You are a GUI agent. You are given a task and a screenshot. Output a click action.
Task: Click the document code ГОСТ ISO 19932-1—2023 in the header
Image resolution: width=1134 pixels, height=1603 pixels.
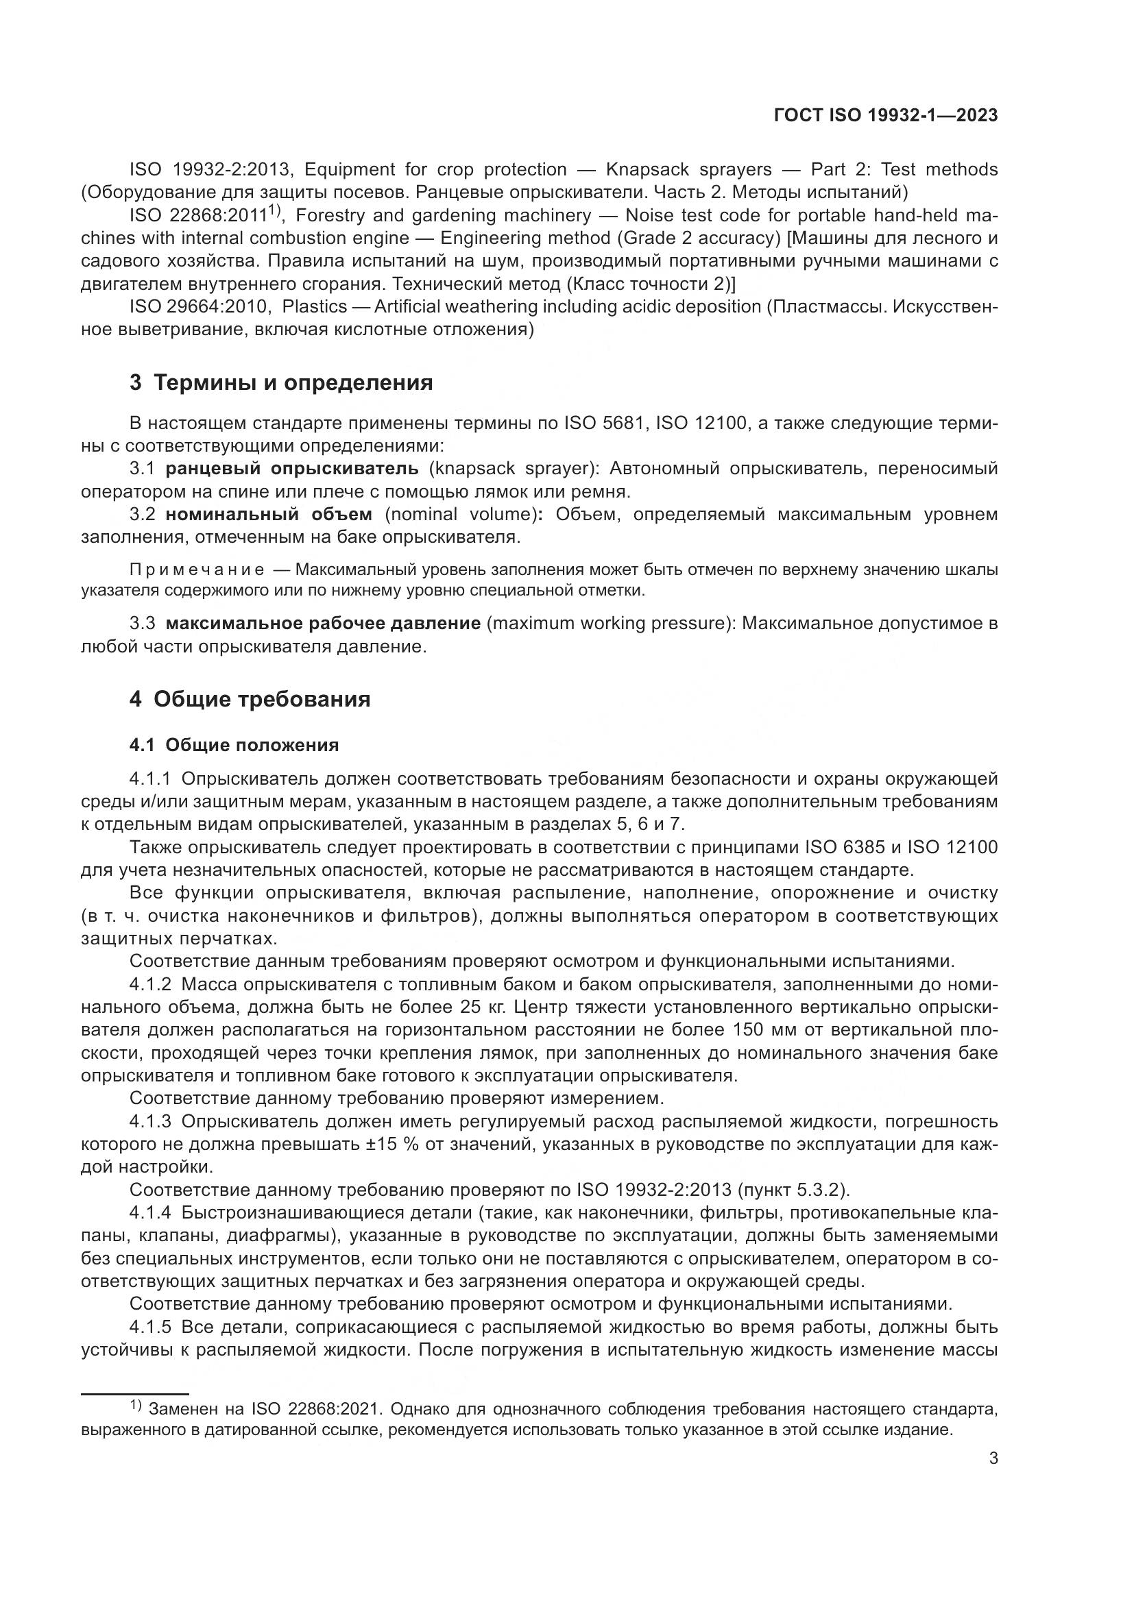[x=885, y=116]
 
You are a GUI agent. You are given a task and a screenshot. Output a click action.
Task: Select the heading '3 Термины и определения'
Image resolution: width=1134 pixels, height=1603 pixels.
[x=280, y=383]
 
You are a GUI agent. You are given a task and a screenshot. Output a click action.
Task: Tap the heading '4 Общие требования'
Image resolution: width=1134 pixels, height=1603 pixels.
[x=250, y=699]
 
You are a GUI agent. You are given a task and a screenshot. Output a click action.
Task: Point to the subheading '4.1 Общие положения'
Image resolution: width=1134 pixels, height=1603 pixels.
[x=234, y=745]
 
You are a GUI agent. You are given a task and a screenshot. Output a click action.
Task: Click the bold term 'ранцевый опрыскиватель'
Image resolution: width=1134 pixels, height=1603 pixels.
[x=292, y=469]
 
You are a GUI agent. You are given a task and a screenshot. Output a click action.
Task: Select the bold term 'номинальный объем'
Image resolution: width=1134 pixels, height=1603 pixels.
[x=269, y=515]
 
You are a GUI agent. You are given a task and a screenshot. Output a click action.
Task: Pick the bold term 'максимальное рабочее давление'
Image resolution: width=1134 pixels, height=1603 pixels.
[x=324, y=623]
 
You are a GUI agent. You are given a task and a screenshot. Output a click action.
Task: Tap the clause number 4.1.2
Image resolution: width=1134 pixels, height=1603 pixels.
[x=150, y=984]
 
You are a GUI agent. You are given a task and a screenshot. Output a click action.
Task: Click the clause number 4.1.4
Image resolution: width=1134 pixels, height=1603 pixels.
[x=150, y=1213]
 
